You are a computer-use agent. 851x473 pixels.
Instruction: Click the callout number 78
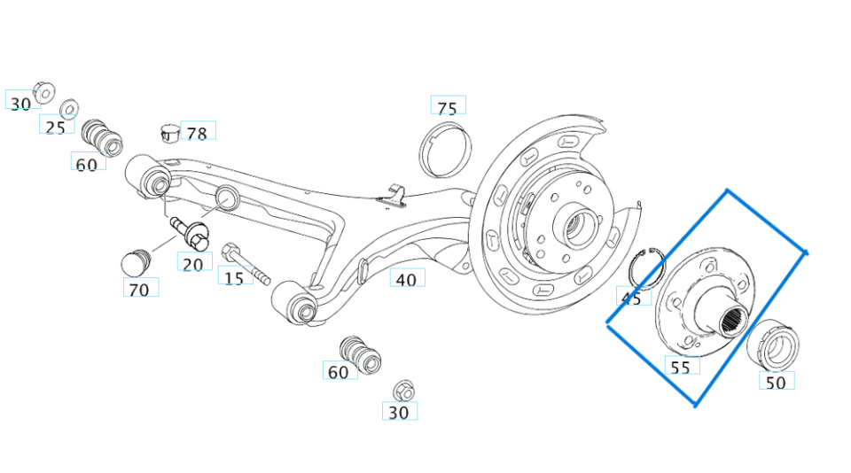pos(197,133)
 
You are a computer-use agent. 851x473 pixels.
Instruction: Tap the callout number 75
pos(448,107)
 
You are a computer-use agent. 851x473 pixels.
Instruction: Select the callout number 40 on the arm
pos(406,279)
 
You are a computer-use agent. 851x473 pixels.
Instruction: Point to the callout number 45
pos(631,299)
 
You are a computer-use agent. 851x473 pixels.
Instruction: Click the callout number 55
pos(681,366)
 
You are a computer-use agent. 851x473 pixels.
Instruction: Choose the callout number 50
pos(776,383)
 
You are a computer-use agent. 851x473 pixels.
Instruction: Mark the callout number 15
pos(234,278)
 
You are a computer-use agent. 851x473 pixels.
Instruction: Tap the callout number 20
pos(193,263)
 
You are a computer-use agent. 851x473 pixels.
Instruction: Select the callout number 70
pos(139,289)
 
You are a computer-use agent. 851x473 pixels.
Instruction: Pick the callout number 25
pos(56,127)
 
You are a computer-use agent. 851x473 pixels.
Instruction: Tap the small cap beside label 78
pos(169,133)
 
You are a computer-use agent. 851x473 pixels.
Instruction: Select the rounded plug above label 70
pos(134,263)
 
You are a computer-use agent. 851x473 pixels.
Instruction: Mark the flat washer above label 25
pos(67,111)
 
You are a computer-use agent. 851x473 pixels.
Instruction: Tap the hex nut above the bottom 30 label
pos(402,390)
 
